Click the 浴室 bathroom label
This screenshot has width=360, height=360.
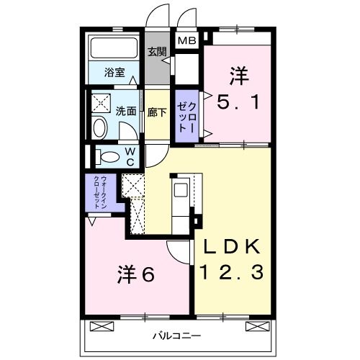(114, 72)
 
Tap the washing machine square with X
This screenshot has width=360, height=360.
(100, 102)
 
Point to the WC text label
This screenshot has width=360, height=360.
(130, 157)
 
